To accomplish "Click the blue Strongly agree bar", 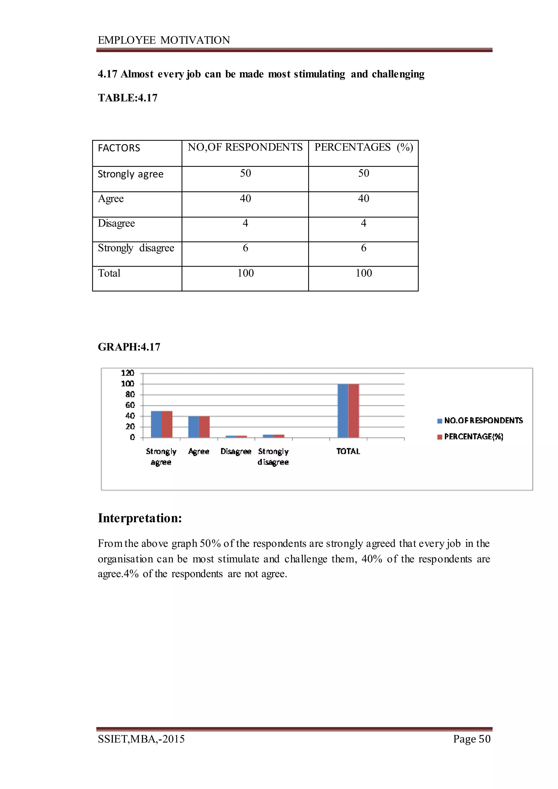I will (156, 424).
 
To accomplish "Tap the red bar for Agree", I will (204, 427).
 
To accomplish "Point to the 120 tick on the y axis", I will (128, 373).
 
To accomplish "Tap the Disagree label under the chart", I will (236, 451).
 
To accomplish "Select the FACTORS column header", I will (119, 148).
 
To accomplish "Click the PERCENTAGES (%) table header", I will (363, 147).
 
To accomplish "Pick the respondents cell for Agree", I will (245, 198).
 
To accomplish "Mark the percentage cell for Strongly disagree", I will (363, 248).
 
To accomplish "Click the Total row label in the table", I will (109, 273).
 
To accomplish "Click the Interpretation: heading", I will (140, 518).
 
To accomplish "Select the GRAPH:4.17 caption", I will (129, 347).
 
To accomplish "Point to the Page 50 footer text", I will (472, 739).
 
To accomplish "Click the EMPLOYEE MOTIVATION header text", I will (164, 40).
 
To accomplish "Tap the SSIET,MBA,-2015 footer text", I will (141, 739).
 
